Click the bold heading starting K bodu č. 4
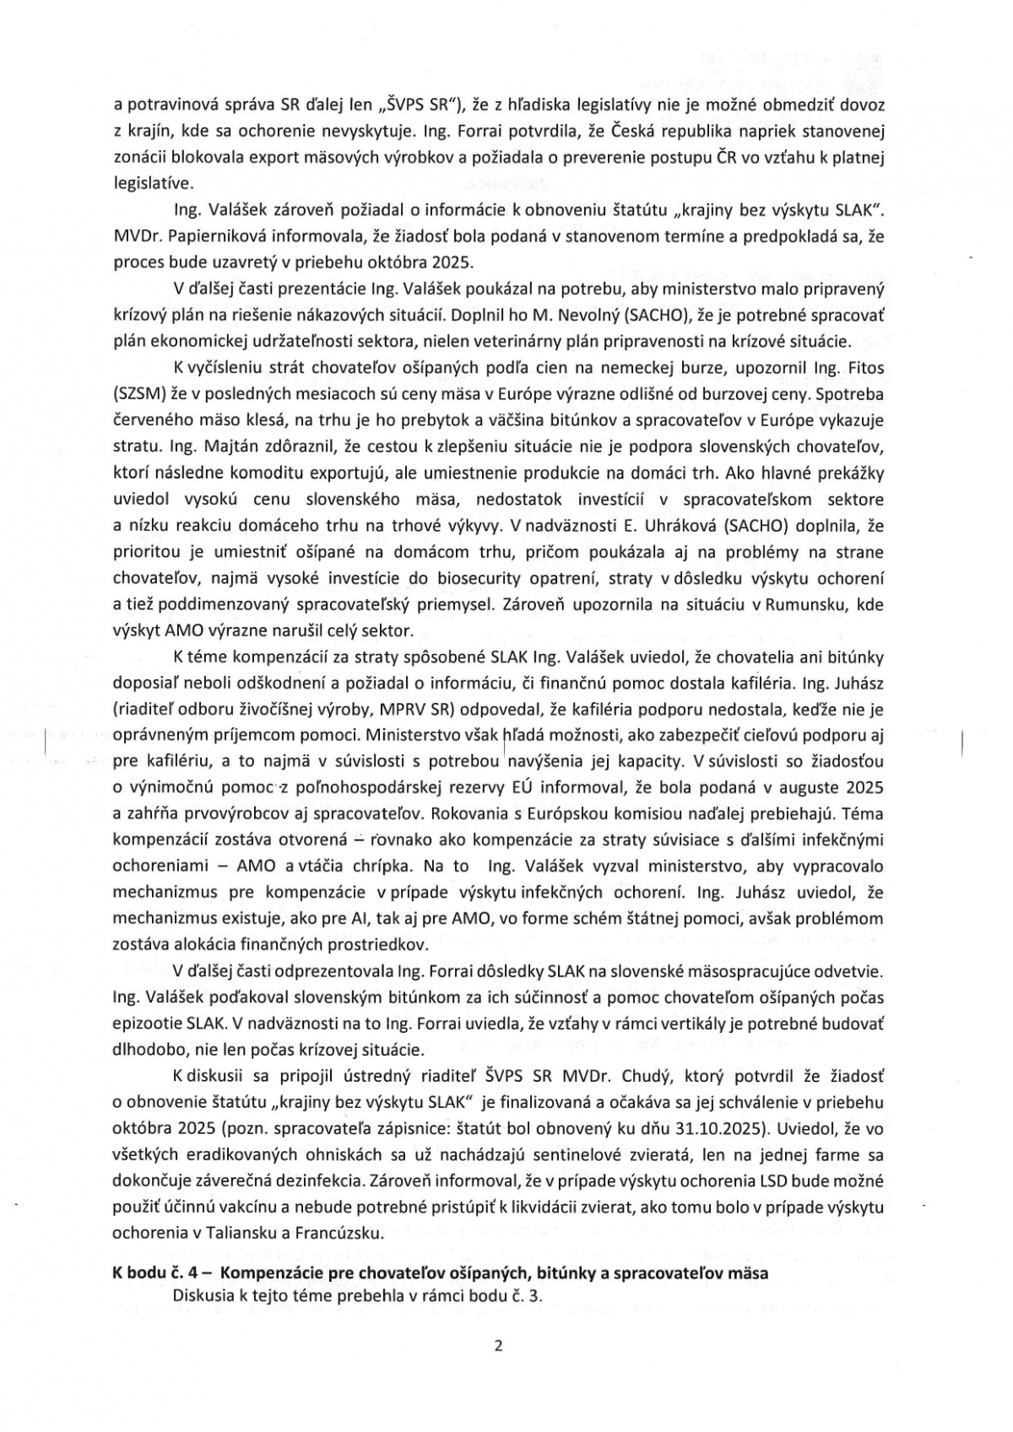point(440,1273)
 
